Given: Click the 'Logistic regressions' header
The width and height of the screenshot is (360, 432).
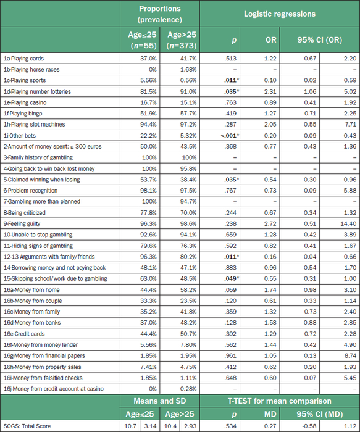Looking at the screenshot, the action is (x=280, y=14).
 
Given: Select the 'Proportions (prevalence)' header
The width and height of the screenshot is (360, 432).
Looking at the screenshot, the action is (x=160, y=14).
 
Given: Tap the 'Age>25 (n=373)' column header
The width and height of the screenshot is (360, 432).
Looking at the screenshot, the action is (x=182, y=40).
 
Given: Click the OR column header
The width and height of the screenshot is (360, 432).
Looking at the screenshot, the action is (x=270, y=40).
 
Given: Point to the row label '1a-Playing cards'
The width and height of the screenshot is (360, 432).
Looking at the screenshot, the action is (x=23, y=59).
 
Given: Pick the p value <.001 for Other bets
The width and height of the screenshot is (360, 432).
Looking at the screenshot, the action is (x=230, y=136).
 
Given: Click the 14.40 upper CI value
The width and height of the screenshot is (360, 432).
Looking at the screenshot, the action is (x=348, y=223).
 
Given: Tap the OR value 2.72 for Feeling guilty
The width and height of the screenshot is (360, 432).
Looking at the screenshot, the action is (x=270, y=223).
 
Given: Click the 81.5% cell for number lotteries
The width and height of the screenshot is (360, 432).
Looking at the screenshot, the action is (x=148, y=91).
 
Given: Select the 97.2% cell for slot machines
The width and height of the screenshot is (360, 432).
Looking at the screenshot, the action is (x=188, y=125).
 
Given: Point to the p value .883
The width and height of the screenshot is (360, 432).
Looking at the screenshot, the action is (x=230, y=268).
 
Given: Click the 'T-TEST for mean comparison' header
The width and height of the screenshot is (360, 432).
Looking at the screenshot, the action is (x=280, y=401).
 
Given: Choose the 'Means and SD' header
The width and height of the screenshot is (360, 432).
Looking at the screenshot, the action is (x=160, y=401).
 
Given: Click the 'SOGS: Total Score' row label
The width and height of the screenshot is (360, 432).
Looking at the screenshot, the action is (x=27, y=426).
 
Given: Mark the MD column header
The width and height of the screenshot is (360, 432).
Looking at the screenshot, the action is (x=270, y=414).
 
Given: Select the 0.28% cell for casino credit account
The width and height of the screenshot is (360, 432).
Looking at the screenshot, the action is (x=188, y=389).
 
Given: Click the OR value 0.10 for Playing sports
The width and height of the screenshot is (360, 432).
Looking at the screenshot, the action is (x=270, y=80).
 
